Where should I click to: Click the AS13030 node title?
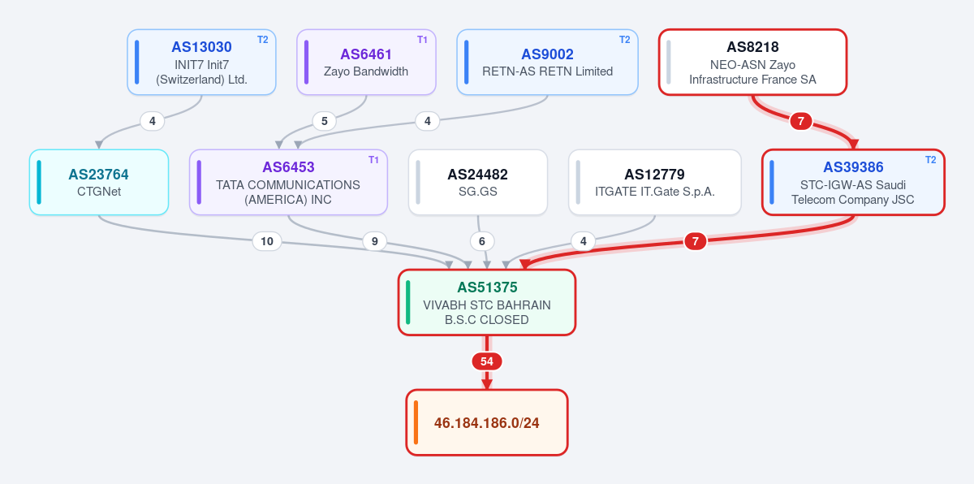tap(201, 47)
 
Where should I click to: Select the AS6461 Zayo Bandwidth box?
tap(366, 63)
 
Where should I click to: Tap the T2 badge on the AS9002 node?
tap(624, 40)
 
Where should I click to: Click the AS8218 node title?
tap(752, 47)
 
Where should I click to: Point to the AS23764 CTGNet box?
tap(99, 182)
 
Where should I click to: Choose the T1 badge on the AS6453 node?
tap(373, 160)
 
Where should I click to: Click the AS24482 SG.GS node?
tap(478, 182)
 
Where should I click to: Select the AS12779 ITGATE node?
tap(655, 182)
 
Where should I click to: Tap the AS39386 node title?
tap(853, 167)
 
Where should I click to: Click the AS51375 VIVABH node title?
tap(487, 287)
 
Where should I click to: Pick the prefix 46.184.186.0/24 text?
tap(486, 423)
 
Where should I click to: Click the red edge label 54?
tap(487, 361)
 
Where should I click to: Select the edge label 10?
tap(267, 241)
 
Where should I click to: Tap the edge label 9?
tap(374, 241)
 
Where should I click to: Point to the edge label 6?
tap(482, 241)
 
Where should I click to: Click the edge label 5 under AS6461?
tap(325, 121)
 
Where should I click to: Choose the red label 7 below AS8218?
tap(801, 121)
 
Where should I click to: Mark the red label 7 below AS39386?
tap(696, 241)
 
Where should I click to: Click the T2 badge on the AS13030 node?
tap(263, 40)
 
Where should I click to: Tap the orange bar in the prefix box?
tap(416, 422)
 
